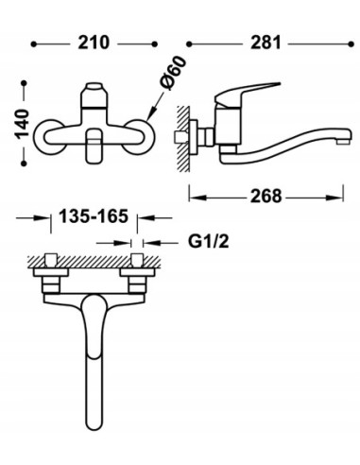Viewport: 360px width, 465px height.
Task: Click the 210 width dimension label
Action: [94, 43]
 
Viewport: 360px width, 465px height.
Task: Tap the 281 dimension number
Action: [266, 43]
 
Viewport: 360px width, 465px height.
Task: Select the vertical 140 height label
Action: [22, 124]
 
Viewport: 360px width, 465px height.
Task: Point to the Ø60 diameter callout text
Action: [173, 73]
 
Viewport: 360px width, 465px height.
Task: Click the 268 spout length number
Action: [266, 197]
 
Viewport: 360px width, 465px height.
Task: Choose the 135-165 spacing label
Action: [94, 216]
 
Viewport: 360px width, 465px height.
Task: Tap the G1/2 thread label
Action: [209, 242]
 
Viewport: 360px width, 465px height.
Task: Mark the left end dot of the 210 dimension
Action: [34, 44]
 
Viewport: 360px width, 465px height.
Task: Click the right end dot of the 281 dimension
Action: [351, 44]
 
